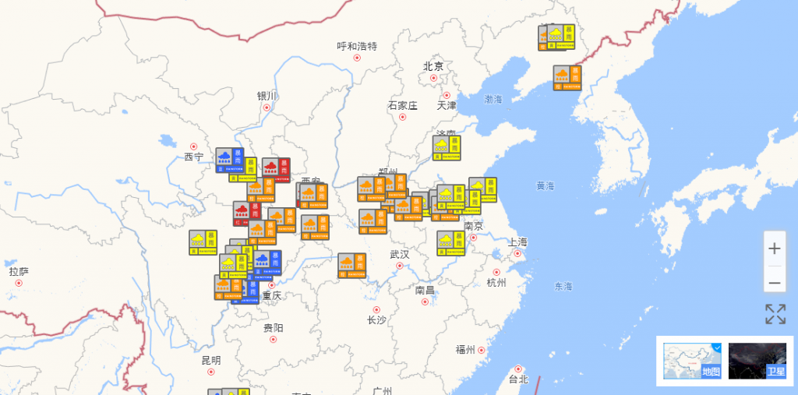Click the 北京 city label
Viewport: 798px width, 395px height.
point(433,67)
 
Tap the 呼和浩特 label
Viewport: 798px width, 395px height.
point(357,46)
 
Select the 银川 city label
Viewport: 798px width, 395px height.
point(267,96)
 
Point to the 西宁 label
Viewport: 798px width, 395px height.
point(193,157)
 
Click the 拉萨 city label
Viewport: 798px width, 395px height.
point(19,271)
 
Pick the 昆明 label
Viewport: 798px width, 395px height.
point(210,360)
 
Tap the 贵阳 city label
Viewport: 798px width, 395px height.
point(273,327)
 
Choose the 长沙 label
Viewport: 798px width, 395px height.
point(376,319)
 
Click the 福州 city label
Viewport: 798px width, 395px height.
point(465,349)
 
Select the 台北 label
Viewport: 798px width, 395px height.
point(518,379)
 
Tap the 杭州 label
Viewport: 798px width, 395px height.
point(496,282)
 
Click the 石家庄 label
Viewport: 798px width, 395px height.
point(403,105)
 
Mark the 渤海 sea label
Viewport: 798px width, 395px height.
point(493,100)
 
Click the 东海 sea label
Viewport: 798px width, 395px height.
point(563,286)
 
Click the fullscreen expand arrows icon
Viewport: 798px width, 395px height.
point(775,315)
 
